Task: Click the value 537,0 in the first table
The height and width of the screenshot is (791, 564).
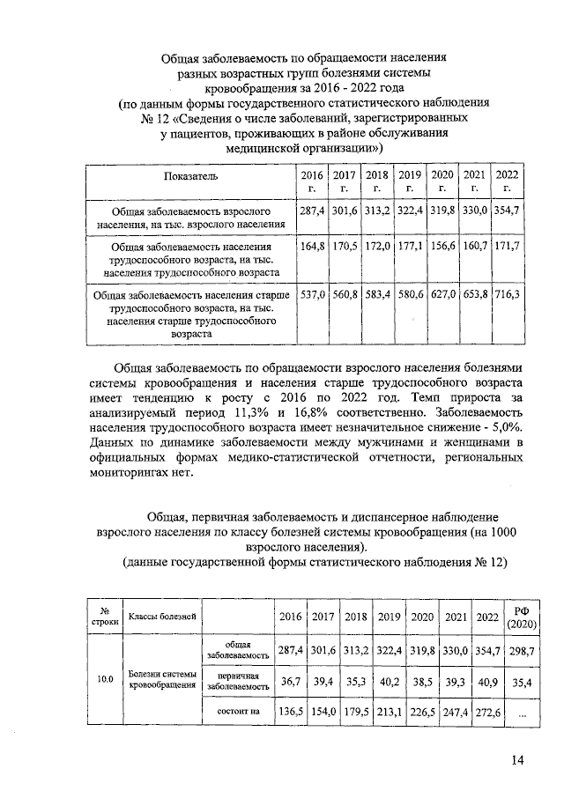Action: click(x=314, y=293)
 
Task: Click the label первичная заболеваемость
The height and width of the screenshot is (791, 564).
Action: click(x=237, y=680)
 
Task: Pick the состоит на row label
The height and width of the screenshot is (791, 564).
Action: click(x=237, y=711)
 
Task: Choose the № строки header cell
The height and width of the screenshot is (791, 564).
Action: click(x=105, y=617)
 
